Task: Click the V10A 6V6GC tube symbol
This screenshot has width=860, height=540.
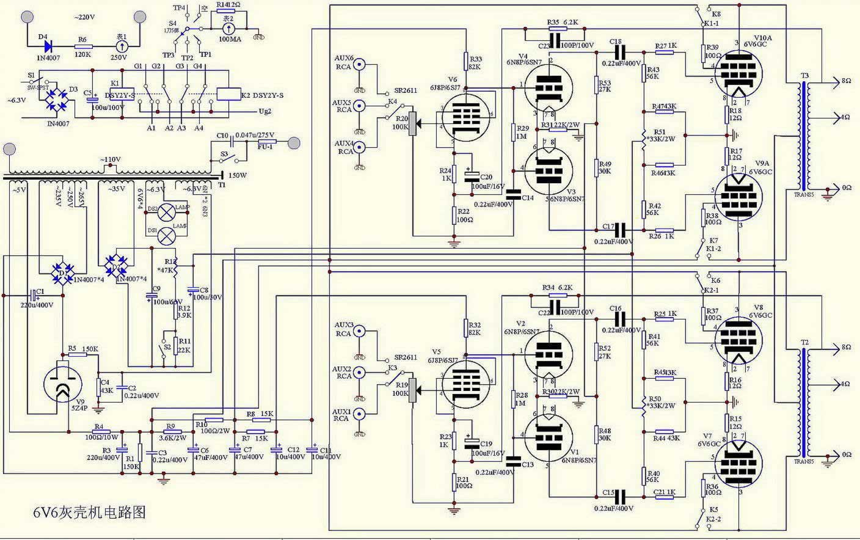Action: click(738, 73)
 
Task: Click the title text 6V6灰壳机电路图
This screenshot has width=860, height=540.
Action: click(90, 512)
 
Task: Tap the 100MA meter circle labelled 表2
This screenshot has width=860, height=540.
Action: click(228, 27)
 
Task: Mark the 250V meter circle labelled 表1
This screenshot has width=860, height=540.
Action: click(122, 46)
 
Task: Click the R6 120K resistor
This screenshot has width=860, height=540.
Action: click(83, 46)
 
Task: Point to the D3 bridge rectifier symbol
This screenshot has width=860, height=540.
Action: click(60, 101)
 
